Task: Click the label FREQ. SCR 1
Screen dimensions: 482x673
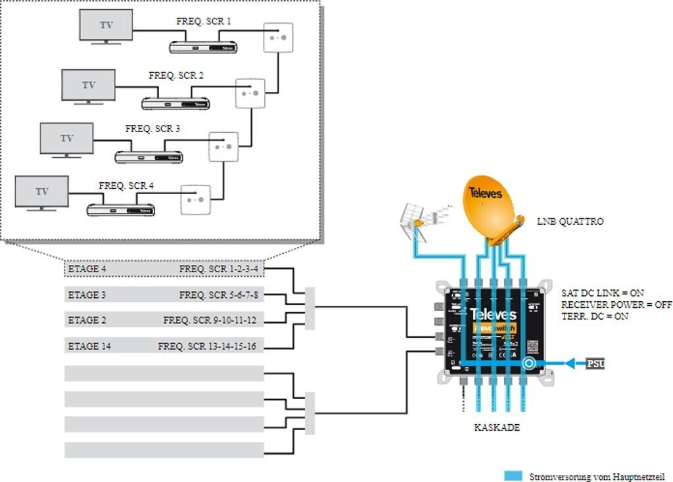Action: [x=204, y=22]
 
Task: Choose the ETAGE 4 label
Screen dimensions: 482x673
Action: [x=87, y=269]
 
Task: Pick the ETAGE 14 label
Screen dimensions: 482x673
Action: [x=89, y=346]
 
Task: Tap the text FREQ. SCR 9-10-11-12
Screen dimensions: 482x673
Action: [x=210, y=320]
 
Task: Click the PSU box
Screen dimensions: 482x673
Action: [x=595, y=363]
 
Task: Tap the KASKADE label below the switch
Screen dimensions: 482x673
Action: [x=497, y=427]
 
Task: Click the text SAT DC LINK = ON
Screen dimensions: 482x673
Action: [x=602, y=293]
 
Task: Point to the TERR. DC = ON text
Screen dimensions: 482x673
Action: [x=595, y=316]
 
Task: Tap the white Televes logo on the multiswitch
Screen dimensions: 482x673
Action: [x=493, y=314]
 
